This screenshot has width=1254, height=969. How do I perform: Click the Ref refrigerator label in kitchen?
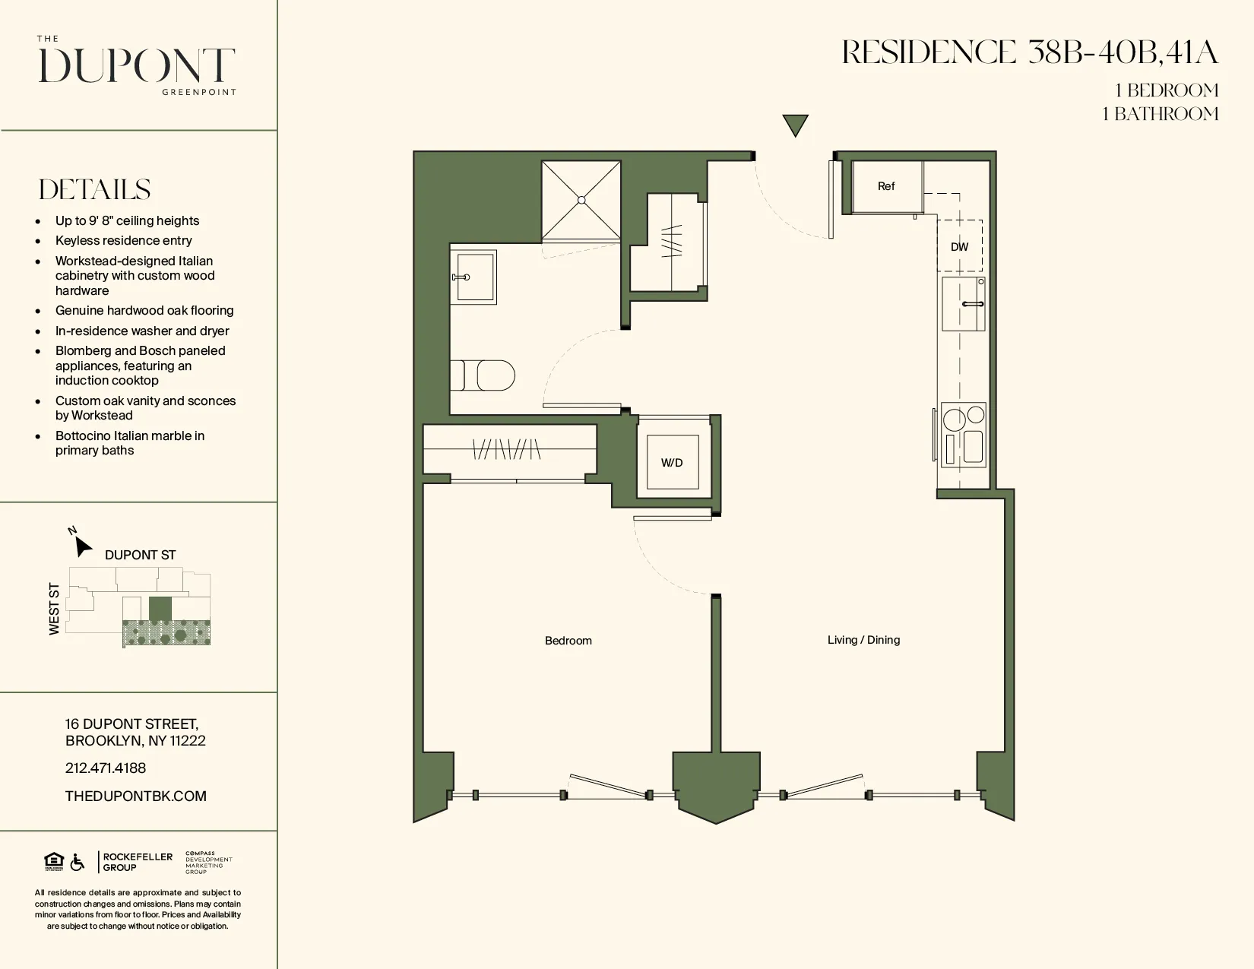point(885,186)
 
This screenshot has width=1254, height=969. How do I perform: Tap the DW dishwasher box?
point(959,246)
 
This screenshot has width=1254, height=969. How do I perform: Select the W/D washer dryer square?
point(672,462)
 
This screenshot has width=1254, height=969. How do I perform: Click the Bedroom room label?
point(568,641)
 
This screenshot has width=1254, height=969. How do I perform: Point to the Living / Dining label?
point(863,640)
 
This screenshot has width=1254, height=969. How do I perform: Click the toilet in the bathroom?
point(486,375)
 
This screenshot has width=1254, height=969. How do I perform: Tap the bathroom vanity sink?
point(473,277)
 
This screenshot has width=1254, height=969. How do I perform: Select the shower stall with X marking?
point(581,200)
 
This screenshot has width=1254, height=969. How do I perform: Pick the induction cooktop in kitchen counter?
point(964,434)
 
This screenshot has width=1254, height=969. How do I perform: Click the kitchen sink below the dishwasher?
point(964,303)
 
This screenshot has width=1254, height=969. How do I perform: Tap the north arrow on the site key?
point(82,546)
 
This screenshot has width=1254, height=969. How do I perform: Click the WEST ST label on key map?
point(54,609)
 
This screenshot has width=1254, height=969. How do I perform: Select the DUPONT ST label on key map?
point(140,555)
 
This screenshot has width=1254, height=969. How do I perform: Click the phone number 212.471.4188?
point(106,768)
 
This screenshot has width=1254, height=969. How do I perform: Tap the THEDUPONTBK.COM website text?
point(135,796)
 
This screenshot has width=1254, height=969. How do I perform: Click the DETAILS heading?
point(94,189)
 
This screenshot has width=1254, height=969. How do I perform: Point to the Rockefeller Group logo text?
point(137,862)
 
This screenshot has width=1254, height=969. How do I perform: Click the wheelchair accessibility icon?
point(78,863)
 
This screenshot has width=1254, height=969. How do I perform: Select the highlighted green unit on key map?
point(160,608)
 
